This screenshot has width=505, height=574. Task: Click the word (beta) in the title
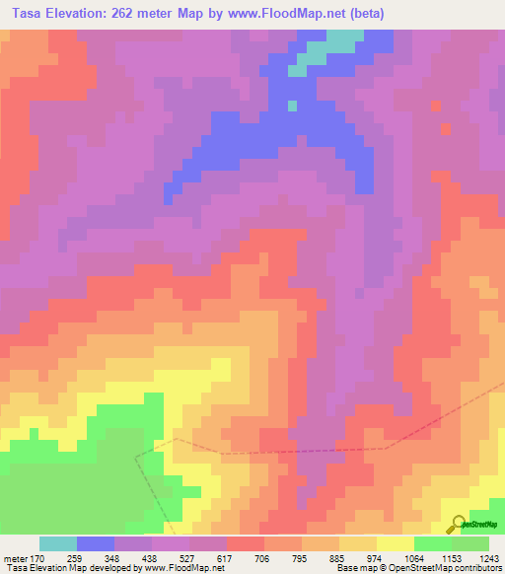365,13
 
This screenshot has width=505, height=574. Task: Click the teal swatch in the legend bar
58,543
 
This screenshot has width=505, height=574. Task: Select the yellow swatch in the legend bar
396,543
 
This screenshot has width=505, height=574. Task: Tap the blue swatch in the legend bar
96,543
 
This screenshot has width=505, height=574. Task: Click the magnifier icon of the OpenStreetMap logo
456,523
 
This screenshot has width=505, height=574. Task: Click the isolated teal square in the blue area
291,105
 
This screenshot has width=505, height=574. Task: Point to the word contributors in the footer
478,568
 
